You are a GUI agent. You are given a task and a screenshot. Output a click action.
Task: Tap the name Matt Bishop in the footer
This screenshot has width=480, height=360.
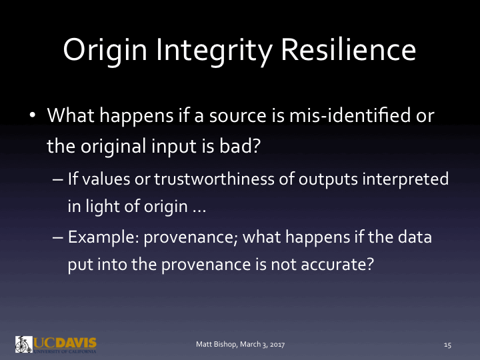(x=215, y=345)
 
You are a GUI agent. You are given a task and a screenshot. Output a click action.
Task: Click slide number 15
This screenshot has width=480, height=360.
(x=447, y=345)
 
